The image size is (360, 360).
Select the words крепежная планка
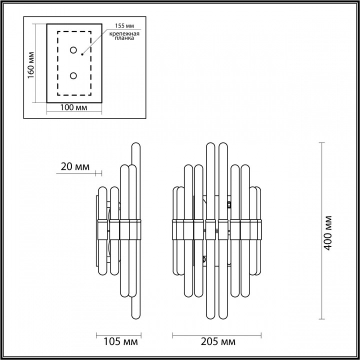(121, 36)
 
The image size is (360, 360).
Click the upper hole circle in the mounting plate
(73, 50)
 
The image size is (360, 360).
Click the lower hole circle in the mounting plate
(73, 75)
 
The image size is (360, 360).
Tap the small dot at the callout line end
(82, 53)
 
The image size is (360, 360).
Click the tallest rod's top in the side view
(135, 146)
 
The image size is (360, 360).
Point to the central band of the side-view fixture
(120, 228)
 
